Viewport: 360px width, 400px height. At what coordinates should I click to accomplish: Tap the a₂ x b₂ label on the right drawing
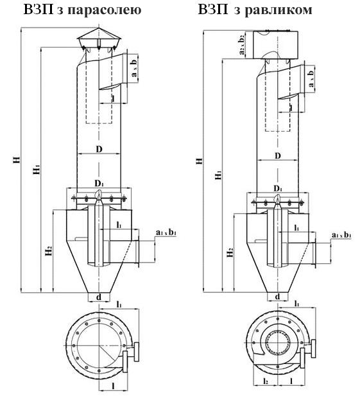241,45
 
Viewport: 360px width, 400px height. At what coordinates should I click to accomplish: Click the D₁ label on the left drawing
99,183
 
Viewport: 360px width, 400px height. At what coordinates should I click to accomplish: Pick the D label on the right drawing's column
278,155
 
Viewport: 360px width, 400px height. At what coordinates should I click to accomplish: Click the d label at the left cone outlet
99,297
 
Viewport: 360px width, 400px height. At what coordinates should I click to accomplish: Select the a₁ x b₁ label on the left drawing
166,232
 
